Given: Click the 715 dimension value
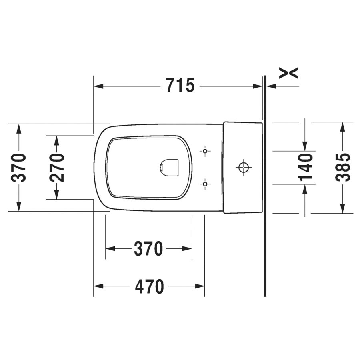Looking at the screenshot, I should pyautogui.click(x=180, y=86).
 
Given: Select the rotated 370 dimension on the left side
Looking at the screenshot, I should pyautogui.click(x=18, y=167).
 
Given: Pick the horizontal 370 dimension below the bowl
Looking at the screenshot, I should pyautogui.click(x=148, y=249).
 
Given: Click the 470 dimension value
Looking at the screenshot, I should pyautogui.click(x=149, y=286).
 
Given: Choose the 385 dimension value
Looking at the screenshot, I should pyautogui.click(x=342, y=167).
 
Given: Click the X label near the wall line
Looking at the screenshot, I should pyautogui.click(x=288, y=73).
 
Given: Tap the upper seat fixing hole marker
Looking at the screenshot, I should pyautogui.click(x=205, y=151).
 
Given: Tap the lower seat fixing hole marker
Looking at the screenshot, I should pyautogui.click(x=205, y=184).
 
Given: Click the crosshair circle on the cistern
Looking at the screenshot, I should pyautogui.click(x=243, y=167).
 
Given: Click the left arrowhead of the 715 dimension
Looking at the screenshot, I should pyautogui.click(x=98, y=86).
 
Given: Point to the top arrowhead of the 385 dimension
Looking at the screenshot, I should pyautogui.click(x=342, y=127).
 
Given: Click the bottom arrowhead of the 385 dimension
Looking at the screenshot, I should pyautogui.click(x=342, y=208).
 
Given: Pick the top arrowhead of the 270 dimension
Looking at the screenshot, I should pyautogui.click(x=57, y=140).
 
